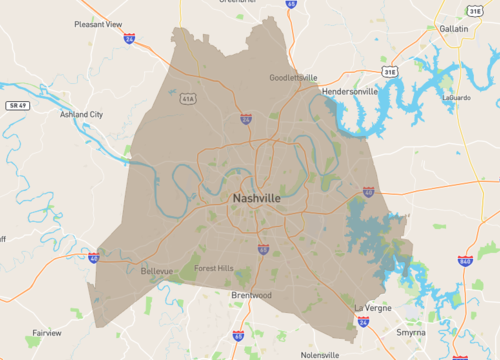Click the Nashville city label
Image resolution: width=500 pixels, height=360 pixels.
(x=256, y=198)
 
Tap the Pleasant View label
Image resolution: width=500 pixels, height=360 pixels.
(x=97, y=23)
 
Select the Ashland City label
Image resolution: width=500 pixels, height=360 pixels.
(x=81, y=114)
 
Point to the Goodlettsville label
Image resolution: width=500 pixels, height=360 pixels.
(x=293, y=77)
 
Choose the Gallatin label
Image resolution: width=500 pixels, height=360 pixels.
(x=454, y=29)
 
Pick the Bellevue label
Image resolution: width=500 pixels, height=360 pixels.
(x=156, y=271)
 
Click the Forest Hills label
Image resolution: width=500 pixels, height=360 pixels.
(x=213, y=268)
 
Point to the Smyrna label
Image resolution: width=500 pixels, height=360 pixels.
(x=411, y=331)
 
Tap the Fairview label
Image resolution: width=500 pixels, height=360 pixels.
(x=46, y=332)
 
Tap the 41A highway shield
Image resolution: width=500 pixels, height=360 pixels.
(x=188, y=99)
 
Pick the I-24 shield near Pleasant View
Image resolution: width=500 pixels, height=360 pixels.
(x=130, y=38)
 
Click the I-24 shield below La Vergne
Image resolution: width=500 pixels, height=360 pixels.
(x=362, y=322)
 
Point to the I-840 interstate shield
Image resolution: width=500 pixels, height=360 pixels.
(x=465, y=261)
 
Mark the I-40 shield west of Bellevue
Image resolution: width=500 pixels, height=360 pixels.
(x=93, y=258)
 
